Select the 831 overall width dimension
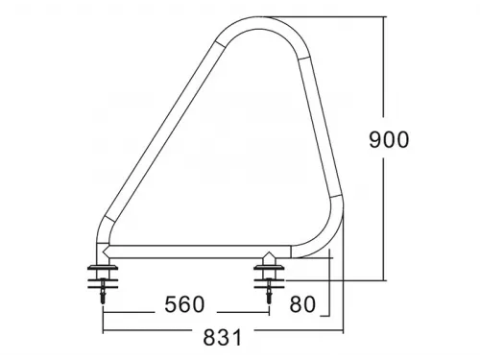223,337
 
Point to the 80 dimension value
301,305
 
